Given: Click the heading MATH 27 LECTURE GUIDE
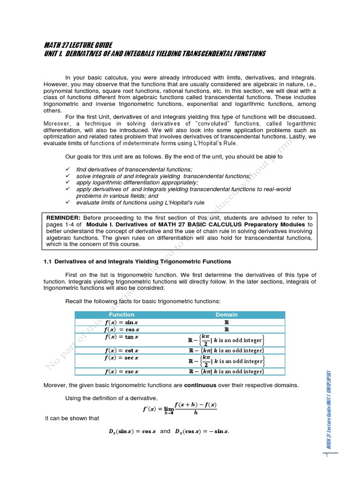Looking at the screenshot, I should point(78,45).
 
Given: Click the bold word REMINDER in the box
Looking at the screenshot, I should point(63,217).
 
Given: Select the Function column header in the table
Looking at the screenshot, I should point(121,315).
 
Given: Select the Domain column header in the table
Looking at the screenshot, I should point(226,315).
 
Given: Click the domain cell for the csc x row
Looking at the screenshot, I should point(226,372).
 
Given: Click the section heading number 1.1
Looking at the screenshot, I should point(48,261).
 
